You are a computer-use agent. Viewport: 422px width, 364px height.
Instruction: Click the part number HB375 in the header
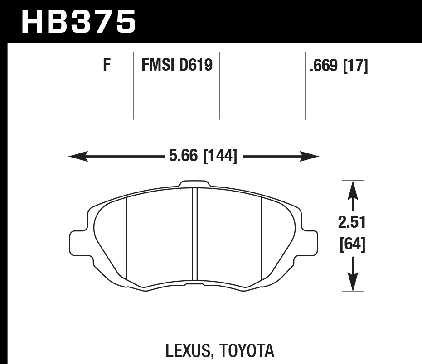click(78, 21)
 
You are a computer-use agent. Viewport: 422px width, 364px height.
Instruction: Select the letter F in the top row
click(107, 66)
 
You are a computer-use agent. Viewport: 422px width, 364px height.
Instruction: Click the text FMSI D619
click(177, 66)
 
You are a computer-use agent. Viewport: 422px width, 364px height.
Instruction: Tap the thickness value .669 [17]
click(338, 66)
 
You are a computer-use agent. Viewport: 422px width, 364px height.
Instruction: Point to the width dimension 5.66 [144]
click(203, 157)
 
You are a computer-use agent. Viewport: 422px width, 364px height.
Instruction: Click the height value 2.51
click(352, 223)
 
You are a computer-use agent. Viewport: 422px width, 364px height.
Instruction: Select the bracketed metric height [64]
click(352, 244)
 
